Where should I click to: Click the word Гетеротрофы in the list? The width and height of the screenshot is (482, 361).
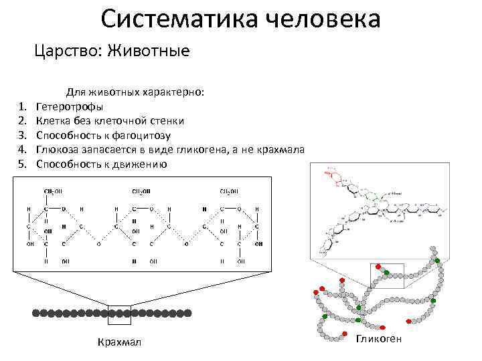[70, 106]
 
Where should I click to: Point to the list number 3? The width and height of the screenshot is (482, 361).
[22, 135]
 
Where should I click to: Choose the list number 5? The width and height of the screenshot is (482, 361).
[22, 164]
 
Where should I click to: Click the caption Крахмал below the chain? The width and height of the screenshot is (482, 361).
[119, 342]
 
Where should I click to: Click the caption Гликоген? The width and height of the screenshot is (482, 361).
[379, 340]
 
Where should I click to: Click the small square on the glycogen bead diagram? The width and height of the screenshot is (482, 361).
[387, 273]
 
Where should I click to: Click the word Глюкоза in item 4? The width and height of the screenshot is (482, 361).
[57, 150]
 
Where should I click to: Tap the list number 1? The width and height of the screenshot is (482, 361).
[22, 106]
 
